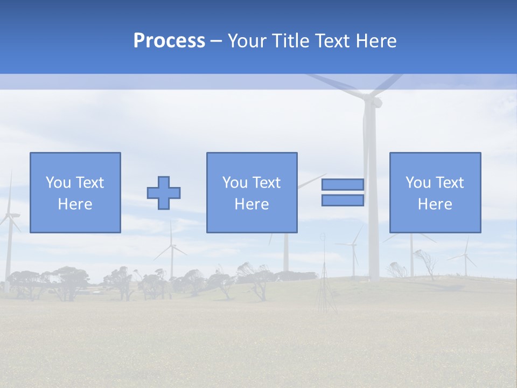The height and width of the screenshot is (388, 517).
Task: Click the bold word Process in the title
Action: [x=169, y=40]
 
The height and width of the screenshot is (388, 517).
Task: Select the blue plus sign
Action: [x=164, y=193]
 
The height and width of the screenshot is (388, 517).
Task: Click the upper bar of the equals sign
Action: [x=343, y=184]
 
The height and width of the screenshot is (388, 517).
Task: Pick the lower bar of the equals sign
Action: [x=343, y=200]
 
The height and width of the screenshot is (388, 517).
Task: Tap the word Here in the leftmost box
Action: [x=75, y=204]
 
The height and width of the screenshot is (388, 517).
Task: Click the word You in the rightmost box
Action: [x=418, y=183]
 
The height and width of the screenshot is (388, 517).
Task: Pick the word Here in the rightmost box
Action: [x=435, y=204]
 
